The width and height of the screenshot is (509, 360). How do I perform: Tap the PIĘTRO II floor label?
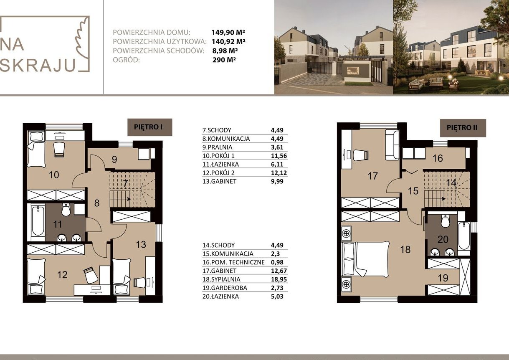[463, 128]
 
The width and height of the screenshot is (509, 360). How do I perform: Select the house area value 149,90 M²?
[228, 32]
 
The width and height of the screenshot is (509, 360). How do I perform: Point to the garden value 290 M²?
[224, 60]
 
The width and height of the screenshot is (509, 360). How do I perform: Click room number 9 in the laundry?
[114, 160]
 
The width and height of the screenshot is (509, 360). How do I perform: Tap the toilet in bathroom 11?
[66, 210]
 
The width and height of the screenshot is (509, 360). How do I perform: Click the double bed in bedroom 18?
[366, 262]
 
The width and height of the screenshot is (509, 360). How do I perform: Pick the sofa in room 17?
[392, 145]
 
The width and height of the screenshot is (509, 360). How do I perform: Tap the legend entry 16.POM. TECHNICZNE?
[233, 262]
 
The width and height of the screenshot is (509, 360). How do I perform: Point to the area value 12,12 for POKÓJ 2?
[279, 173]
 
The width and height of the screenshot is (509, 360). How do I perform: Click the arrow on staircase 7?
[129, 199]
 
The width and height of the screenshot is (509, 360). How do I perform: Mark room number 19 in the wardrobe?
[443, 278]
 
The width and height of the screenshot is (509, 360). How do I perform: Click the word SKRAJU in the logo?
[38, 65]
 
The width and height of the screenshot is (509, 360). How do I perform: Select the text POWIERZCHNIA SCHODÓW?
[158, 51]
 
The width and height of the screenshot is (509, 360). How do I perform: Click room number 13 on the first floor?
[141, 245]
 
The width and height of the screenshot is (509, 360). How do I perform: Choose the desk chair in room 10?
[59, 150]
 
